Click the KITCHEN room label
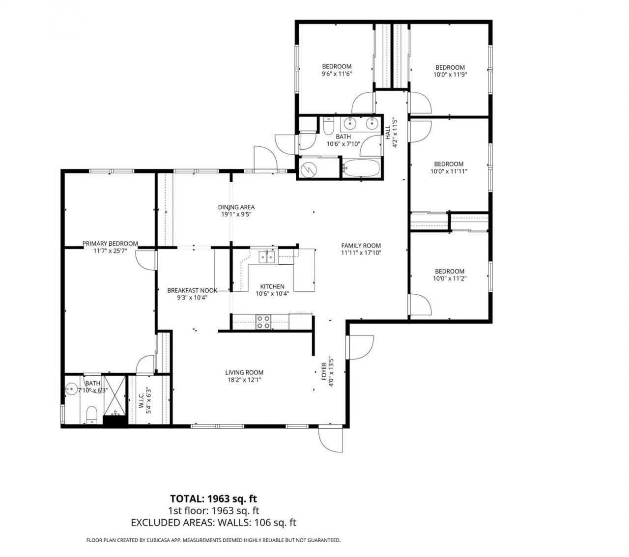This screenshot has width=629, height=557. point(272,286)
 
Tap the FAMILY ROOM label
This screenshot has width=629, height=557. point(361,246)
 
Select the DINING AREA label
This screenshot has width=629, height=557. point(236,207)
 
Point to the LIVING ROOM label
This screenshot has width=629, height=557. point(244,372)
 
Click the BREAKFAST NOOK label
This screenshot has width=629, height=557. point(192,290)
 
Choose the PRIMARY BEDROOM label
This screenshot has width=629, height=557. point(110,243)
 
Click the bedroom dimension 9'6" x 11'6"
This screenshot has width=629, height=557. point(337,74)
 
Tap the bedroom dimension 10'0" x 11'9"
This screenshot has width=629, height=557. point(450,75)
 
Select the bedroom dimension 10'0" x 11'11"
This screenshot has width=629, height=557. point(449,171)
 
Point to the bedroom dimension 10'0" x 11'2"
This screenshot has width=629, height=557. point(450,278)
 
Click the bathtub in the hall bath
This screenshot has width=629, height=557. point(361,168)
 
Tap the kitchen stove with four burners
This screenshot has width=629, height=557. point(263,322)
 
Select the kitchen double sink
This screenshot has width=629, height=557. point(267,256)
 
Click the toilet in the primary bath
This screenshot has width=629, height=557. point(91,414)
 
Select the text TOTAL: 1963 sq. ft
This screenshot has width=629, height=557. point(214,499)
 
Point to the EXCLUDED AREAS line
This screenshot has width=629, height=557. point(214,523)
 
